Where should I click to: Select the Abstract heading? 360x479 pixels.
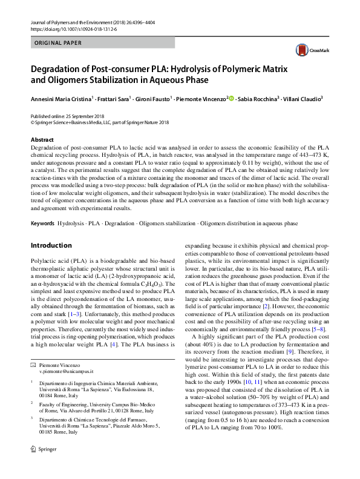[x=42, y=140]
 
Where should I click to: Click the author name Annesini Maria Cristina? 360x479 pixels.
[x=61, y=98]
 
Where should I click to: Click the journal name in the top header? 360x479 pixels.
[x=68, y=22]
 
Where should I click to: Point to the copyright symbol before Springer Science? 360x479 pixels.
[x=31, y=122]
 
